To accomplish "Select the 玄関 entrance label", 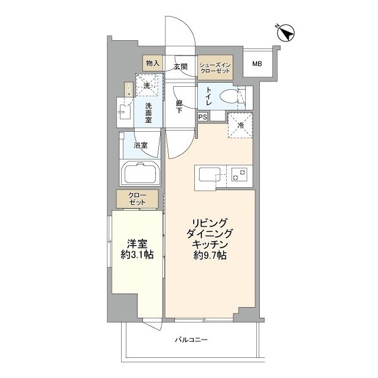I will (181, 67).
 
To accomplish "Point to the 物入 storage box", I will (152, 63).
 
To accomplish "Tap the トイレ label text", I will (210, 95).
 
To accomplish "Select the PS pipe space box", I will (203, 117).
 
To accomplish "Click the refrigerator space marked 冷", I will (240, 125).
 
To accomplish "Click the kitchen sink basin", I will (210, 175).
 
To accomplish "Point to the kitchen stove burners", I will (239, 175).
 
